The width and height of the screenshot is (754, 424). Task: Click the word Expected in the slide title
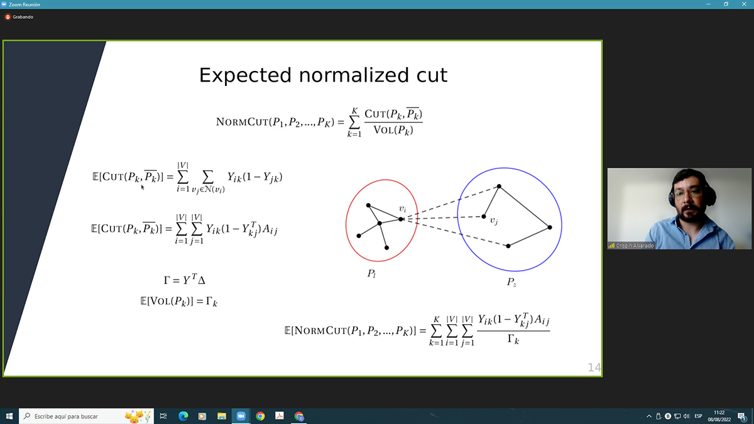tap(245, 75)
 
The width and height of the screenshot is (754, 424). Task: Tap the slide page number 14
tap(594, 367)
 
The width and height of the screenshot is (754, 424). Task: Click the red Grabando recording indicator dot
tap(8, 17)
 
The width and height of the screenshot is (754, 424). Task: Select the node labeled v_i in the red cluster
tap(401, 219)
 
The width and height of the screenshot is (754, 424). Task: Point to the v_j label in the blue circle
tap(494, 220)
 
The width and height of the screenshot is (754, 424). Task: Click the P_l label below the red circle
tap(371, 274)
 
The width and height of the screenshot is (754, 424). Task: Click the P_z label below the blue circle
tap(511, 282)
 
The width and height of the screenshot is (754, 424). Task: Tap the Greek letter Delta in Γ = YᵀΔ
tap(201, 280)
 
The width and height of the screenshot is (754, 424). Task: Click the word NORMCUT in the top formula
tap(242, 122)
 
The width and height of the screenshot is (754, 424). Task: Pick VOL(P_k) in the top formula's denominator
tap(393, 130)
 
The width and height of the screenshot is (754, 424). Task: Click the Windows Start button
tap(9, 416)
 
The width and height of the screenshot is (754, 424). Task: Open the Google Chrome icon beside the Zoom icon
tap(260, 416)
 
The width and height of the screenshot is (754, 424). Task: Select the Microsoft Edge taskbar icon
tap(183, 416)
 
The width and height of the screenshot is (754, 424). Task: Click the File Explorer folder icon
tap(221, 416)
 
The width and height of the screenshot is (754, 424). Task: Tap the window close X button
tap(744, 4)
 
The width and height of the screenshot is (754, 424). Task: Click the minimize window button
tap(708, 4)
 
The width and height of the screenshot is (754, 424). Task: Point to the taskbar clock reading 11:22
tap(719, 413)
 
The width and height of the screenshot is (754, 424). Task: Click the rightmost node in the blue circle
tap(550, 227)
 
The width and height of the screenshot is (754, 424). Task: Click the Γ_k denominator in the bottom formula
tap(513, 339)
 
